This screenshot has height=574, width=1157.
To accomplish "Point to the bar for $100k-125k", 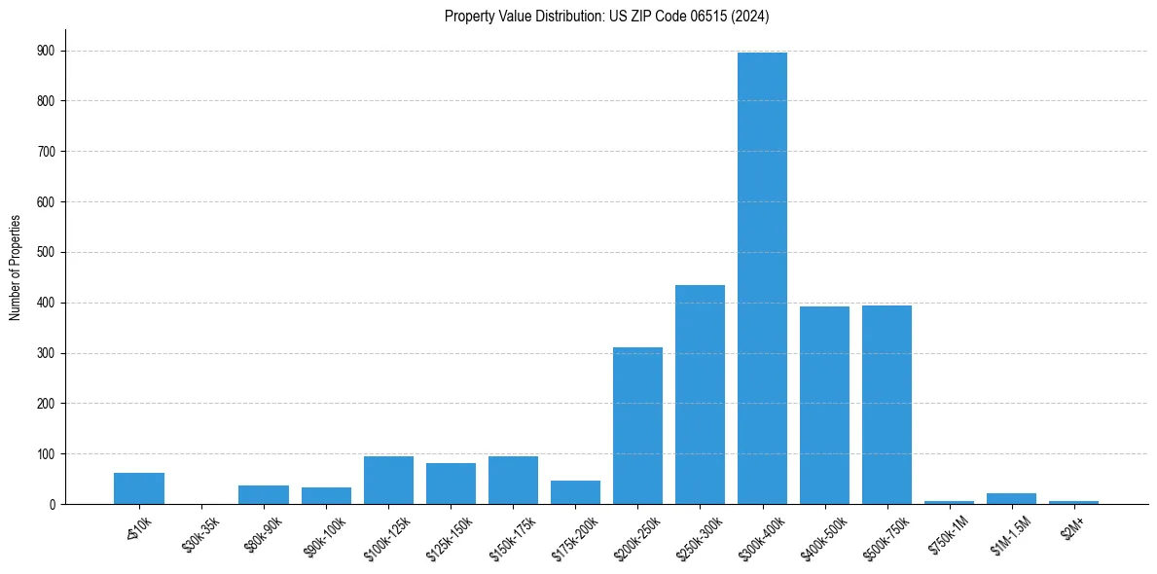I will point(388,481).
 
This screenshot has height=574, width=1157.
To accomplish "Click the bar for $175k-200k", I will point(575,492).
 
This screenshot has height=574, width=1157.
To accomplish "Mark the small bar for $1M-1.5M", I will point(1011,499).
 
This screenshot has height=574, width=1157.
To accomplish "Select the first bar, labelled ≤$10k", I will point(139,488).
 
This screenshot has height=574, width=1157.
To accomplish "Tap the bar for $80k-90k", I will point(264,494).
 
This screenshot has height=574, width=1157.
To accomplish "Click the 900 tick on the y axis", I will point(46,51).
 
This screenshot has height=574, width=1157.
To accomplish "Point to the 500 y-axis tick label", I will point(46,252).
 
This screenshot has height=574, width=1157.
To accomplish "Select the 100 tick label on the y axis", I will point(46,454).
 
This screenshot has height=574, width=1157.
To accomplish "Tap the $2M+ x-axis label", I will point(1072,525).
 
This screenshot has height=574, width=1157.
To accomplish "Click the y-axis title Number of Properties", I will point(15,267).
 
